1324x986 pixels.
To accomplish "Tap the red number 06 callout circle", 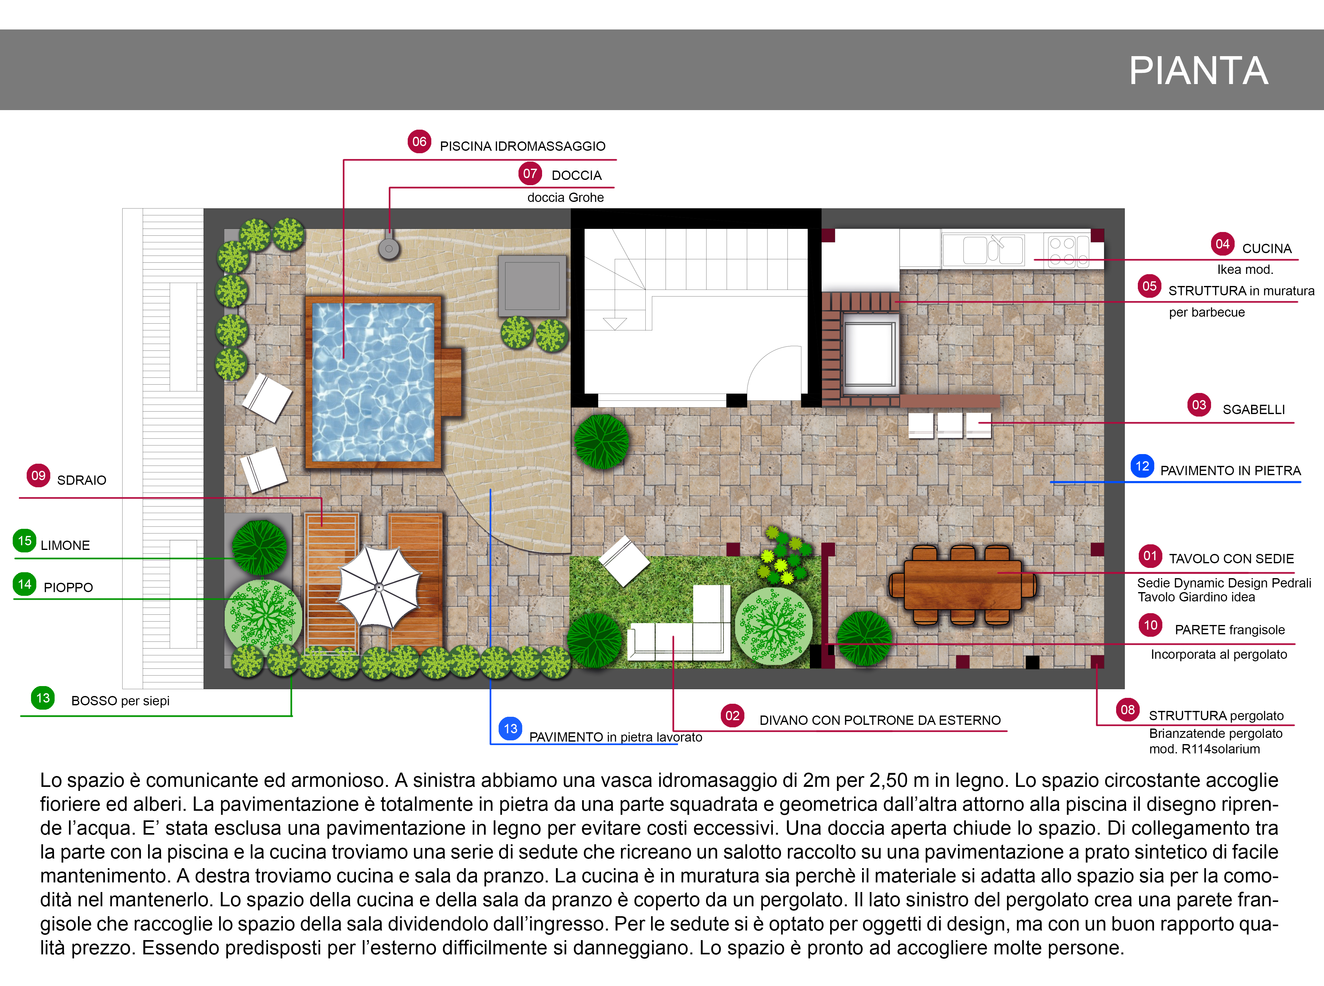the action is [x=419, y=141].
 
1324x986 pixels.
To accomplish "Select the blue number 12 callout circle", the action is [x=1142, y=466].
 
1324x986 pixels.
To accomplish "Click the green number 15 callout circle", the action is [x=25, y=541].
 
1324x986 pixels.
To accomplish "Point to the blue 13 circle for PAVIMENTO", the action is [x=510, y=729].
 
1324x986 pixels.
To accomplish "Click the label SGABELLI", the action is [x=1254, y=409].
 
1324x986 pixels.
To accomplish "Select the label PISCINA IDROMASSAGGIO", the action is [x=522, y=146].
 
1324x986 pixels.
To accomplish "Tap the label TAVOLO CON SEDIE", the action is [x=1231, y=559].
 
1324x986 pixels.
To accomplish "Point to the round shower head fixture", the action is [x=388, y=248].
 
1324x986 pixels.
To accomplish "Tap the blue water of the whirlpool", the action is [x=373, y=382].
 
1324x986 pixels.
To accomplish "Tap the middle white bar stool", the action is [x=949, y=425].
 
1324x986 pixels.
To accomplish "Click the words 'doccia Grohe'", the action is [x=565, y=198].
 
